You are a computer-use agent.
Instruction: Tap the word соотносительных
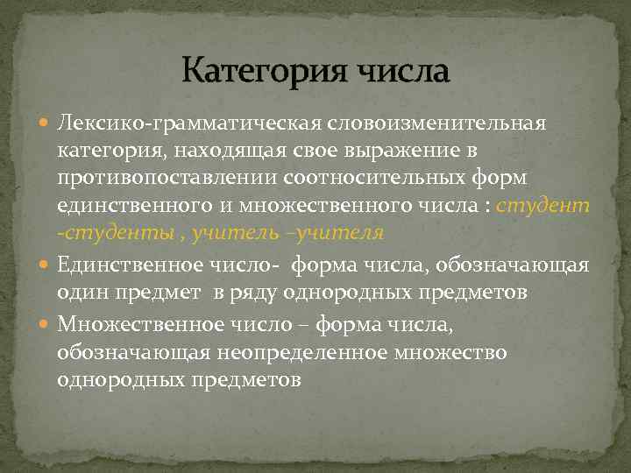pos(370,180)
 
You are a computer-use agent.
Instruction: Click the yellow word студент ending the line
pos(543,208)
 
